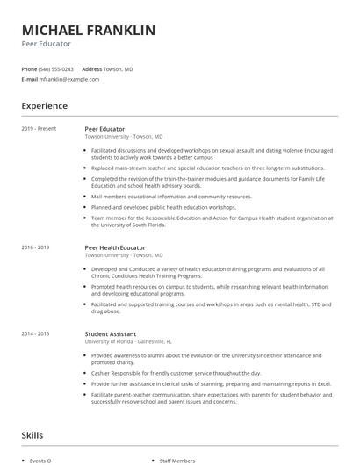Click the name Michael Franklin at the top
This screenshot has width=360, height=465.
point(88,31)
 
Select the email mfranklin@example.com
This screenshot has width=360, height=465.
point(69,79)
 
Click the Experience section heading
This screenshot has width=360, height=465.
point(44,106)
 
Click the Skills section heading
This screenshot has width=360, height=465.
point(33,435)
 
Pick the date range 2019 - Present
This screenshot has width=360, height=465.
point(39,129)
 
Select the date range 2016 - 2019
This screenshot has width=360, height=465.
point(36,248)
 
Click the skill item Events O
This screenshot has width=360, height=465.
point(40,460)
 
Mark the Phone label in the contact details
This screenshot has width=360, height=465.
point(28,68)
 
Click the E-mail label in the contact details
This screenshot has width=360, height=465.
point(29,79)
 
